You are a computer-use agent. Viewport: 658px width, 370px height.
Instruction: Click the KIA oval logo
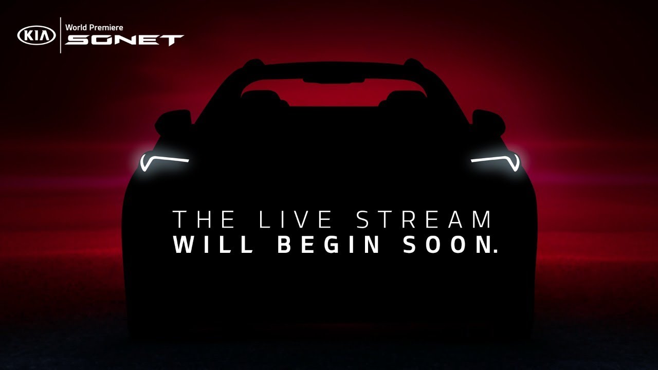tap(36, 35)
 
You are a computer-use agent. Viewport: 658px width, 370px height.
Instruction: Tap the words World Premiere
tap(94, 28)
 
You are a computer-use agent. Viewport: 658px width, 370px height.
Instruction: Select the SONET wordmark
tap(124, 40)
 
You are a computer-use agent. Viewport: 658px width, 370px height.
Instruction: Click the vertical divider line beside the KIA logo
tap(61, 35)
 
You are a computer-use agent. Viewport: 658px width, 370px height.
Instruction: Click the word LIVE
tap(296, 219)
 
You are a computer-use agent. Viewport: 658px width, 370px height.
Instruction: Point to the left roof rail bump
tap(253, 63)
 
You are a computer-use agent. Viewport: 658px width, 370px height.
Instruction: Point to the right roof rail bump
tap(413, 63)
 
